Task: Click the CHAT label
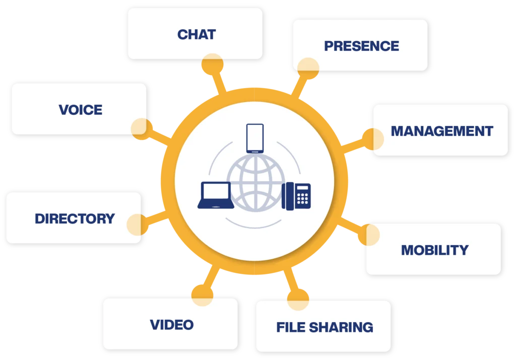pos(197,34)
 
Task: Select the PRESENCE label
pos(361,46)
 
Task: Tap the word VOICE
pos(81,109)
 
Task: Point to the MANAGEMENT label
pos(442,131)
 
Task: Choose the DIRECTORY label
pos(75,219)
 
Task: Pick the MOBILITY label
pos(434,250)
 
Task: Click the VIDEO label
pos(171,324)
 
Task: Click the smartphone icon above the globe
pos(255,138)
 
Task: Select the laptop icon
pos(216,195)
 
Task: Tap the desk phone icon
pos(296,195)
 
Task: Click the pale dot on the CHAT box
pos(212,64)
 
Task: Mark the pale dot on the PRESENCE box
pos(308,68)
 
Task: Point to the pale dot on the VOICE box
pos(142,128)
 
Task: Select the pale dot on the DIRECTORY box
pos(137,225)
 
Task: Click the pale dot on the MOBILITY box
pos(370,235)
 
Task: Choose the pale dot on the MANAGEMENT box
pos(373,140)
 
